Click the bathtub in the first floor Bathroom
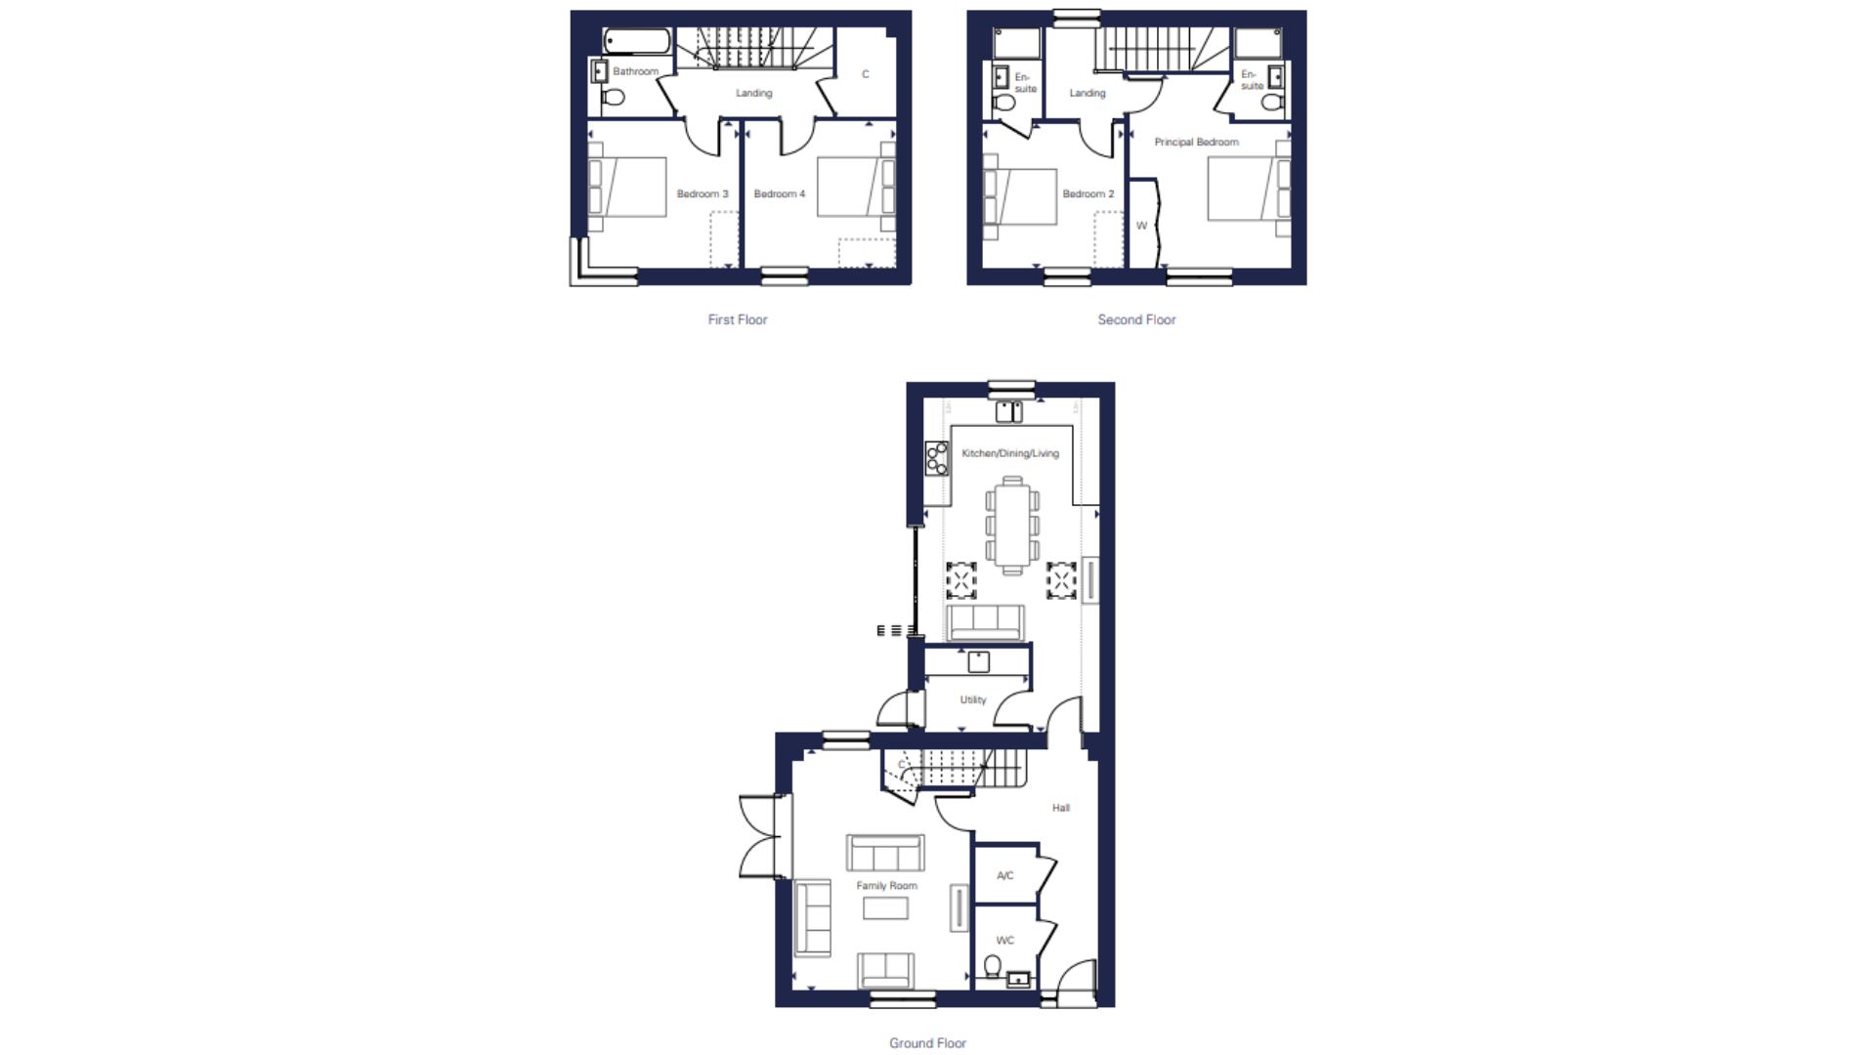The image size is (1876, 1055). point(636,41)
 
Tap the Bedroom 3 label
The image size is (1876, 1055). point(703,194)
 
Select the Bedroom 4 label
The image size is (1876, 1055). point(780,194)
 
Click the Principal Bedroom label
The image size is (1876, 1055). point(1196,143)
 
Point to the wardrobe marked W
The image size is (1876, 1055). point(1142,223)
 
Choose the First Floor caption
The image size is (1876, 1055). point(738,319)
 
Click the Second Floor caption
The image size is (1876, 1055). point(1136,319)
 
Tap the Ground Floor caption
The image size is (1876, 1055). point(927,1043)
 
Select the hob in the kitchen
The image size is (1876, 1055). point(937,458)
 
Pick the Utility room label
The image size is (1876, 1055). point(973,700)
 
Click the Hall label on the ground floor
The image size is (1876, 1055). point(1061,808)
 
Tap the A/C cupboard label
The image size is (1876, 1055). point(1005,875)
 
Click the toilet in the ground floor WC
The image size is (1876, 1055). point(993,967)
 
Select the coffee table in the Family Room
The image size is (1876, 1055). point(885,908)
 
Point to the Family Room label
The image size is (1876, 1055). point(887,886)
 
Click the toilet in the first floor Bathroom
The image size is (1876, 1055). point(613,97)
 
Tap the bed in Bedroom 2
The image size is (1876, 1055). point(1020,197)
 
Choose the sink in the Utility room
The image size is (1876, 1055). point(978,662)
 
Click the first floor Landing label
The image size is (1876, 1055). point(753,94)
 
